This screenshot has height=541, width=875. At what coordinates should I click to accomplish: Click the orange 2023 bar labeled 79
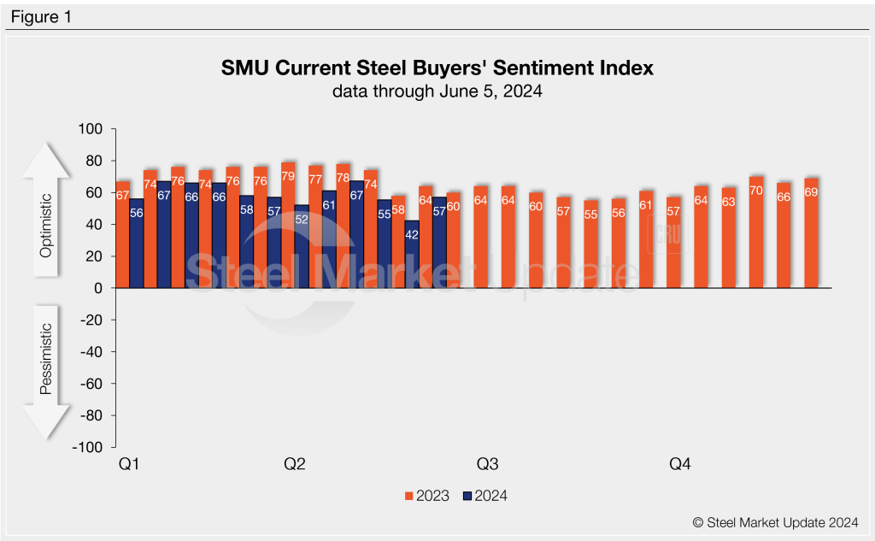[x=288, y=226]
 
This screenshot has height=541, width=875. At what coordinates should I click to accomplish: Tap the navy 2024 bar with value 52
[x=302, y=247]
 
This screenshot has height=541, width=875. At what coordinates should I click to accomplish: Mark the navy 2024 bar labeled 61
[x=329, y=239]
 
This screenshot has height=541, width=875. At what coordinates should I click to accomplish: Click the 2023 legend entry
[x=426, y=496]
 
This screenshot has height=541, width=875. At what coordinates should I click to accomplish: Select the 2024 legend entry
[x=484, y=496]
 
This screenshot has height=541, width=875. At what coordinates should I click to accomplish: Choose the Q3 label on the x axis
[x=487, y=464]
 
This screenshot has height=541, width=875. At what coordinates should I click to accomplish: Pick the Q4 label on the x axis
[x=679, y=464]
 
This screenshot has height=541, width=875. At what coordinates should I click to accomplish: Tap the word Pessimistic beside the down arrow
[x=47, y=359]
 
